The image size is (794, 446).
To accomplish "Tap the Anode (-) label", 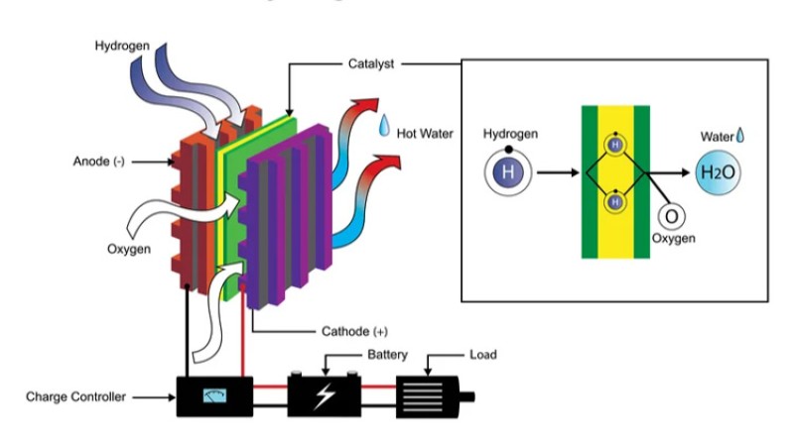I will (98, 161).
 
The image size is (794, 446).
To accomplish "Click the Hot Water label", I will (425, 131).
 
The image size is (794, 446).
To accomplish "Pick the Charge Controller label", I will (75, 397).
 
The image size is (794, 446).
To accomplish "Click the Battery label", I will (388, 354).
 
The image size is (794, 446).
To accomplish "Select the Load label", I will (482, 354).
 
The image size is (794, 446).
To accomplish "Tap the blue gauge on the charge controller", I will (213, 396).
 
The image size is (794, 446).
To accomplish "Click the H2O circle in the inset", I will (716, 172).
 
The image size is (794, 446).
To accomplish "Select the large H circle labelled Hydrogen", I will (509, 172).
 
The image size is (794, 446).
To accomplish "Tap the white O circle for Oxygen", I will (670, 216).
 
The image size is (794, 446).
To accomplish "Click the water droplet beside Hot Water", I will (383, 126).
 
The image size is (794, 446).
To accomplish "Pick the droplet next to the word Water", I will (739, 134).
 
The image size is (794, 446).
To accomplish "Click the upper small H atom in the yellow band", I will (615, 145).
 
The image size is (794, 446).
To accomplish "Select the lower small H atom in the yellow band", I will (615, 201).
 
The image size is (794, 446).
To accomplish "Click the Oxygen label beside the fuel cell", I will (129, 249).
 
